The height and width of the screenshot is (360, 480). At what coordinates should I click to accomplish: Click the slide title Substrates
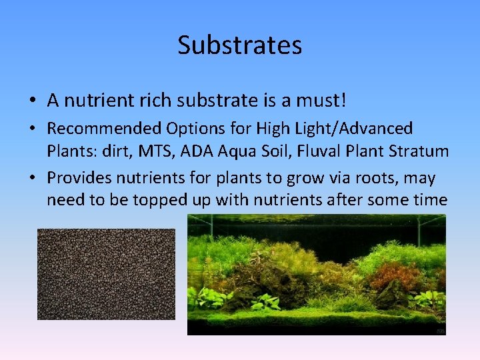(239, 45)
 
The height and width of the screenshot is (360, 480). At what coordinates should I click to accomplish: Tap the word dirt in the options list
(116, 151)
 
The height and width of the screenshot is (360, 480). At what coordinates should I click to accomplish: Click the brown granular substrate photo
(106, 274)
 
